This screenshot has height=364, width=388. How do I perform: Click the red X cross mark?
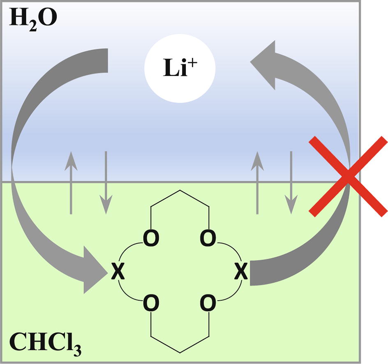(349, 177)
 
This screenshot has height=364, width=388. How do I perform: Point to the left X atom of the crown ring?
(118, 272)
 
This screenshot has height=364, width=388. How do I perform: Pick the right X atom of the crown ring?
(241, 272)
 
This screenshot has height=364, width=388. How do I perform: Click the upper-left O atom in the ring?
(151, 239)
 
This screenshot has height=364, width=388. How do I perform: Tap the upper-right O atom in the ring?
(208, 239)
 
